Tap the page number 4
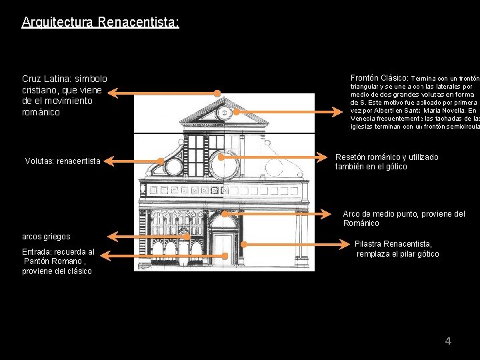[x=448, y=341]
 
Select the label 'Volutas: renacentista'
[x=63, y=161]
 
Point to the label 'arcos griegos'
[x=46, y=237]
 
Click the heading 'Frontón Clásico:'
[x=379, y=77]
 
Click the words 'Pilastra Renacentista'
[x=393, y=244]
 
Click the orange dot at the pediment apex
[x=217, y=93]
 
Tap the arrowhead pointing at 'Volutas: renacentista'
[x=109, y=161]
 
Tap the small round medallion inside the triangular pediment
[x=225, y=113]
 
